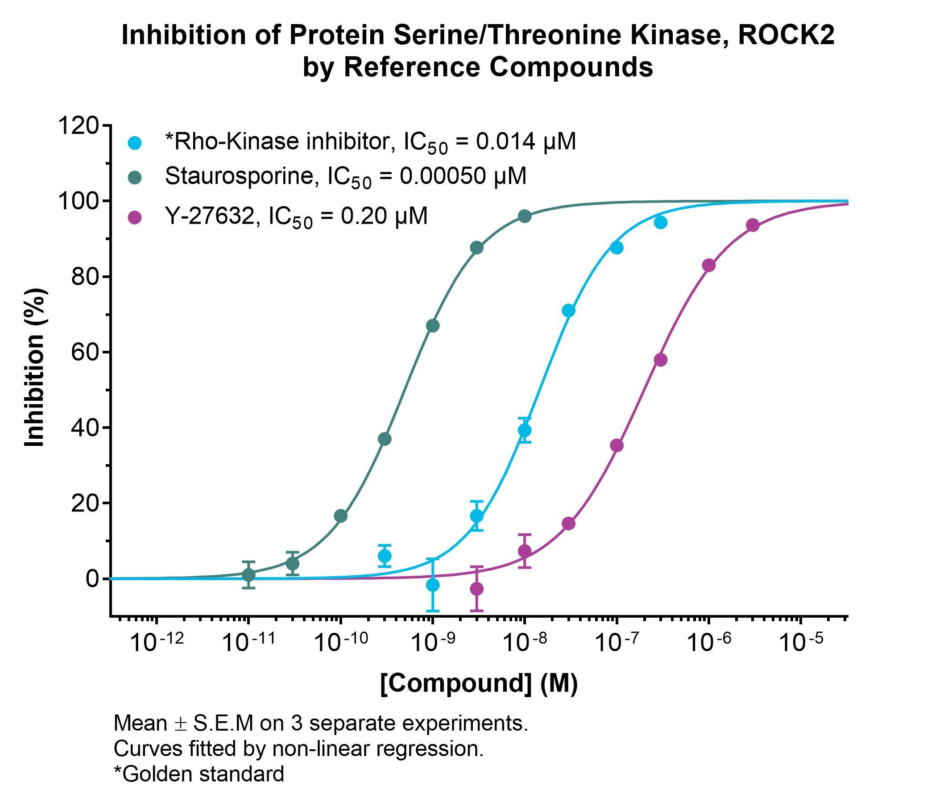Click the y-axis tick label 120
[x=78, y=125]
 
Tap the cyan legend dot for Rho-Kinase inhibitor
[x=135, y=143]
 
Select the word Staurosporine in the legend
[x=239, y=176]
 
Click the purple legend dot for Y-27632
[x=135, y=218]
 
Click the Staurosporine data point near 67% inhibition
[x=432, y=326]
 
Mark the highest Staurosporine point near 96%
[x=525, y=216]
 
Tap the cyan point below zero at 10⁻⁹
[x=432, y=585]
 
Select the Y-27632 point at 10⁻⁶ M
[x=709, y=266]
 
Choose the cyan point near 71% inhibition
[x=569, y=310]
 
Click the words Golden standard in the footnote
[x=203, y=774]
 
